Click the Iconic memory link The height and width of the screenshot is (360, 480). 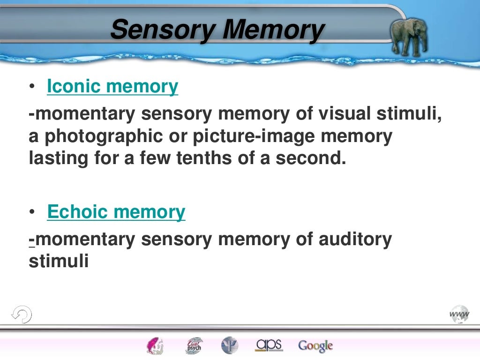click(x=112, y=87)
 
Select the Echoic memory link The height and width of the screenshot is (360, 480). click(x=116, y=212)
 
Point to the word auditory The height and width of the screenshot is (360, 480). click(x=355, y=240)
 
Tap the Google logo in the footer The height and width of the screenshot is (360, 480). click(x=315, y=346)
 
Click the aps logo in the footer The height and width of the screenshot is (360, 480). click(x=269, y=345)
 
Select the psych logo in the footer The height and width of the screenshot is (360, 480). click(x=194, y=346)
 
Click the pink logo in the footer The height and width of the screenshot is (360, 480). click(x=154, y=346)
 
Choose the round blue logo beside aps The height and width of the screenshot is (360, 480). click(x=230, y=346)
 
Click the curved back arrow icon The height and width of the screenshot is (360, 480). click(x=21, y=314)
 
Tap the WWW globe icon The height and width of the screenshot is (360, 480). click(x=459, y=314)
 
